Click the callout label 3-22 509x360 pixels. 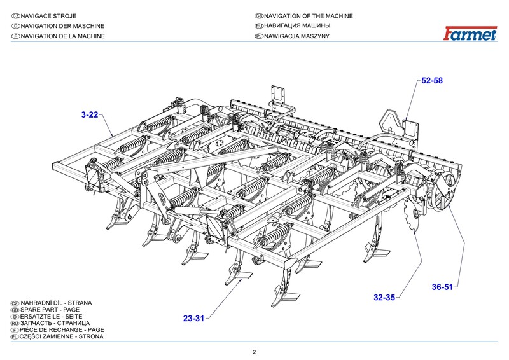click(x=89, y=114)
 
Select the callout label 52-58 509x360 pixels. click(x=433, y=81)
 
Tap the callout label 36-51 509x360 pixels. click(x=442, y=287)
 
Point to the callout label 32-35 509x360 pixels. click(x=384, y=297)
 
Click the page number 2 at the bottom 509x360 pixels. click(x=254, y=352)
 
